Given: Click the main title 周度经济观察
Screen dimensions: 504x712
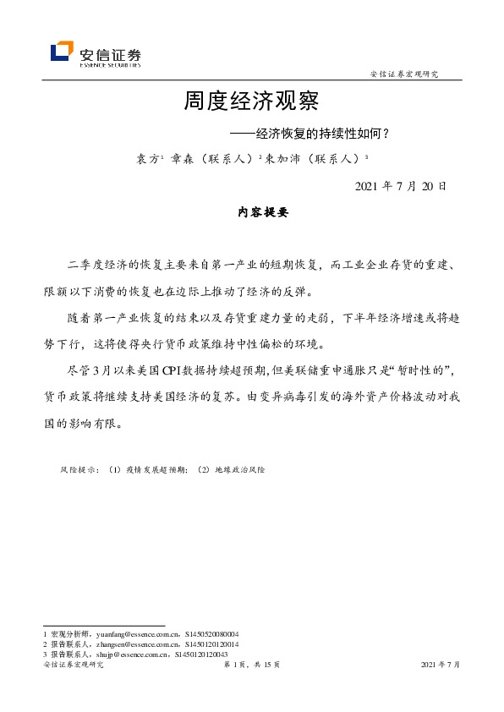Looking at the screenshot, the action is point(251,102).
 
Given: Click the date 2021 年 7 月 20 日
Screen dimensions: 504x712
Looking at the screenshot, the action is point(400,185).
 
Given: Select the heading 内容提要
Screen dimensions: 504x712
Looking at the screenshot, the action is point(251,213).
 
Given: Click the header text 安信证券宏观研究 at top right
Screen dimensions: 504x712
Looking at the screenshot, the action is point(405,74).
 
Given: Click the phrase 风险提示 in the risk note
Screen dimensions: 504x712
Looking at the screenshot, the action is point(79,468).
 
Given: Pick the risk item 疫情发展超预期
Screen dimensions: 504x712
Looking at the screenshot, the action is point(154,468).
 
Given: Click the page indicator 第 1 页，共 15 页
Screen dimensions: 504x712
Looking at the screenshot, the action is point(251,665).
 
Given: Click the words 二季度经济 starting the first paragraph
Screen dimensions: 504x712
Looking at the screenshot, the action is point(93,267).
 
